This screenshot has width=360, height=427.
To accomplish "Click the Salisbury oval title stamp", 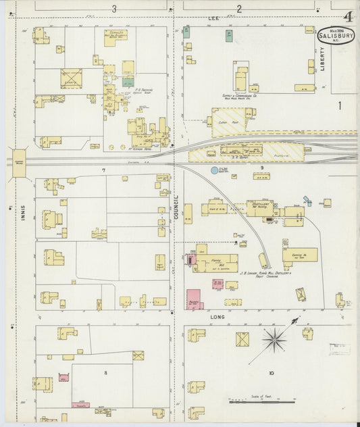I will (x=336, y=34).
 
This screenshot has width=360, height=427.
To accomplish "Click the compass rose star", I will (x=274, y=339).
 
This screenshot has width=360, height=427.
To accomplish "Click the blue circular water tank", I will (x=215, y=170).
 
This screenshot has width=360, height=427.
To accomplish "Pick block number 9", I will (x=261, y=166).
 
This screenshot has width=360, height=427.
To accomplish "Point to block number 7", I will (x=103, y=169).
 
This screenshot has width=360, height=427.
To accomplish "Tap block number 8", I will (x=105, y=372).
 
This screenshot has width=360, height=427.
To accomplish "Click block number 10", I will (x=272, y=372).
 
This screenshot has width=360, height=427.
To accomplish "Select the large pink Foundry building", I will (x=194, y=299).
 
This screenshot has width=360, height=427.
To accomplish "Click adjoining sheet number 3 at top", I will (x=114, y=9).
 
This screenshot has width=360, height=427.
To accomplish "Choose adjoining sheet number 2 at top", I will (x=239, y=9).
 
